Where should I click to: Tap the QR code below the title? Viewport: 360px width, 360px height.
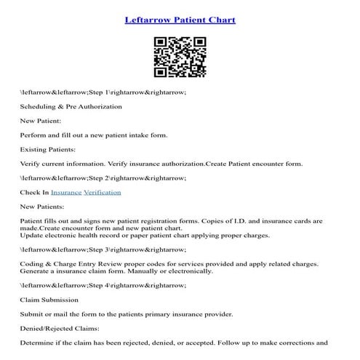(180, 57)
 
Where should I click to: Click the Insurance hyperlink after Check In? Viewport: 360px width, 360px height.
(65, 192)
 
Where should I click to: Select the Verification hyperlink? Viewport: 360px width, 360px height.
(103, 192)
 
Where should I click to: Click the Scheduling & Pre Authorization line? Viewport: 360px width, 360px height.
(71, 107)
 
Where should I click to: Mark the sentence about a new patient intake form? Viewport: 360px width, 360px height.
(94, 135)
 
